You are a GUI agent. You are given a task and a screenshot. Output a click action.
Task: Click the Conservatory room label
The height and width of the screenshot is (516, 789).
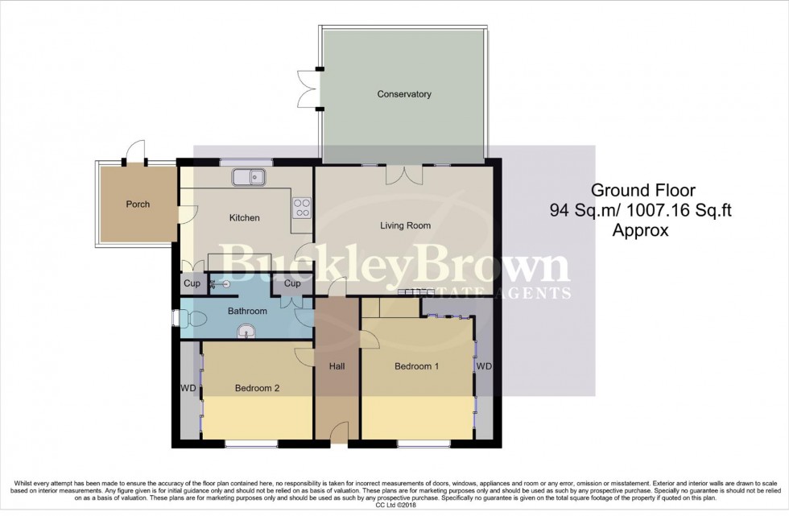(404, 94)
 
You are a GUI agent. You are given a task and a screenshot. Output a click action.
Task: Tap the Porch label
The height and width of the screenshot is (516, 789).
(138, 204)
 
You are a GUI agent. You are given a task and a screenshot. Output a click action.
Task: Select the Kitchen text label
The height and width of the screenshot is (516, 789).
(245, 217)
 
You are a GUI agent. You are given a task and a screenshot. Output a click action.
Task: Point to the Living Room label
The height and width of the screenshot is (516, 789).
(406, 225)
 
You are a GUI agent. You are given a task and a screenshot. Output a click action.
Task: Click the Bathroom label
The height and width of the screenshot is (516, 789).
(246, 311)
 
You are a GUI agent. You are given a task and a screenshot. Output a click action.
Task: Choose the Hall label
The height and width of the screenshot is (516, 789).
(337, 366)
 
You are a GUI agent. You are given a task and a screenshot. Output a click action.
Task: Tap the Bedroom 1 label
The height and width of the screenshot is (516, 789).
(416, 366)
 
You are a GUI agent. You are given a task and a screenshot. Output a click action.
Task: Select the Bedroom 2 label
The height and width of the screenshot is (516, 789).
(257, 388)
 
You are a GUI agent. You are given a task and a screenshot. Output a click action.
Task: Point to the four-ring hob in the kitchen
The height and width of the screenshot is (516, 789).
(301, 208)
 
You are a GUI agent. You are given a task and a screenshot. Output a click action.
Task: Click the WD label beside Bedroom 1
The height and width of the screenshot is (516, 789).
(484, 366)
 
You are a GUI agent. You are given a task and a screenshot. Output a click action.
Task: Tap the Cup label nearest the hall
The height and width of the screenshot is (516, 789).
(292, 283)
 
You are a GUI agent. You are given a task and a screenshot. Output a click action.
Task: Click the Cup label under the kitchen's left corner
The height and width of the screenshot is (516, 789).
(192, 283)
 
